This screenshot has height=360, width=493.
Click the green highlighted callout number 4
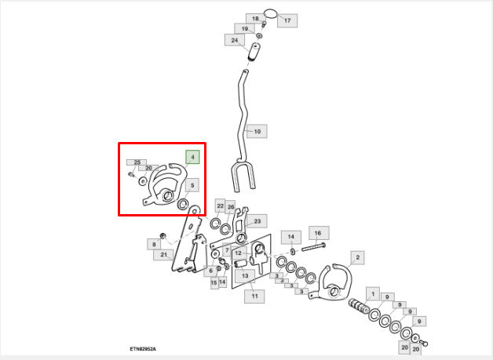point(192,157)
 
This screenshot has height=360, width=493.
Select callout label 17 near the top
point(287,20)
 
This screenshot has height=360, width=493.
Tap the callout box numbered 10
point(257,131)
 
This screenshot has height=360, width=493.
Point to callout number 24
point(235,40)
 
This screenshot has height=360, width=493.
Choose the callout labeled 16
point(319,233)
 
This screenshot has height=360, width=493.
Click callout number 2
point(357,257)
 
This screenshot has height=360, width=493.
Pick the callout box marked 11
point(254,296)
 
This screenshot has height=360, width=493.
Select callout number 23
point(257,221)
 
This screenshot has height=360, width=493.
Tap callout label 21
point(163,254)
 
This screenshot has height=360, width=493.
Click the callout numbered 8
point(154,245)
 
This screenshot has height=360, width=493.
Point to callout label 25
point(137,162)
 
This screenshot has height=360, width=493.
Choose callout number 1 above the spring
point(373,294)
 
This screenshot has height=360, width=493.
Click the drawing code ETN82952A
point(143,349)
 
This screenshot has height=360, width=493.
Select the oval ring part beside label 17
point(270,14)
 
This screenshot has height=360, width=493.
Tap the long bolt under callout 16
point(313,247)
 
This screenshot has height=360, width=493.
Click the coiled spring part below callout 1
point(359,307)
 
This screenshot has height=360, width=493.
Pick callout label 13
point(245,276)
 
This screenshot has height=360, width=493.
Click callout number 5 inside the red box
point(192,185)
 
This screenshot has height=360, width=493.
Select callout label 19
point(244,28)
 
